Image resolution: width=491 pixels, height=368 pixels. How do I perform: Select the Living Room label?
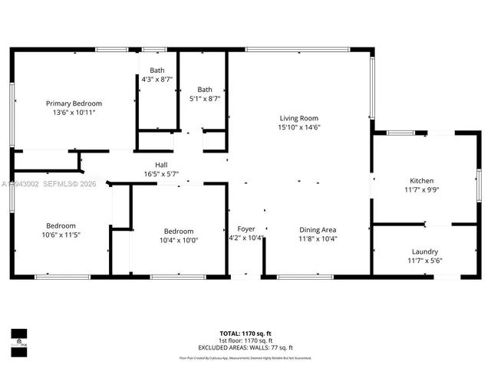pos(298,118)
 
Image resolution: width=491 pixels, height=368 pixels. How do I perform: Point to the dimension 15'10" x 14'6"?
pos(298,127)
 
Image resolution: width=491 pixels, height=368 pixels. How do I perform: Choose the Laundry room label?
pos(424,251)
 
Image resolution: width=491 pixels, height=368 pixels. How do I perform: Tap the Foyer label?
pos(245,229)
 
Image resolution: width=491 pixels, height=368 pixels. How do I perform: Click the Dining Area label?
pos(318,229)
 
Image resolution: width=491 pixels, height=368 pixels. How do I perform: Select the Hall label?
pos(161,165)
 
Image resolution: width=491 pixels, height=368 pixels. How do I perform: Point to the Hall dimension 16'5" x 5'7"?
pos(161,174)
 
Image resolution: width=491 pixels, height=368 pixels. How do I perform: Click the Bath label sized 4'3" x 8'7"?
pos(157,71)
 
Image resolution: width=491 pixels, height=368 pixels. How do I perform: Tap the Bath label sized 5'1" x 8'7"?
pos(204,89)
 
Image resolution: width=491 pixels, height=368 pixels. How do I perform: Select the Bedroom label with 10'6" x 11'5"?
pos(61,225)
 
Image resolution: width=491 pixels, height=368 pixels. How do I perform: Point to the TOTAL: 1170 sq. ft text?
pos(245,333)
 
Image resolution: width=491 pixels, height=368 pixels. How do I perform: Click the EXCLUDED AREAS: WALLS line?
pos(245,347)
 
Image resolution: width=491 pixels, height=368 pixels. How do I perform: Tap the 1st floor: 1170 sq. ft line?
pos(245,340)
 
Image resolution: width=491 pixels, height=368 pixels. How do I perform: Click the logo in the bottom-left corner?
pos(18,339)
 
